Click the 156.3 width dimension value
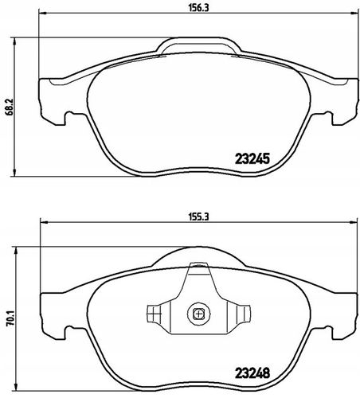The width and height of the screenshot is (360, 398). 199,8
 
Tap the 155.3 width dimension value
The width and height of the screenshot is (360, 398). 199,217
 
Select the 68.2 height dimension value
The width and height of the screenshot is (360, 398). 10,107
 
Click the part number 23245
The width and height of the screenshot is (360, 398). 252,158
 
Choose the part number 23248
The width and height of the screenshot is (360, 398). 252,373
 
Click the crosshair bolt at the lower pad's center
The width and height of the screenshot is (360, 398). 198,314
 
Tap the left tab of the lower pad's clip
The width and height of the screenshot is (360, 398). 154,314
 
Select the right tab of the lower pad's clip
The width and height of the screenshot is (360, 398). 243,314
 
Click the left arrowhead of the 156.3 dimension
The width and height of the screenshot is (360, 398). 42,13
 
